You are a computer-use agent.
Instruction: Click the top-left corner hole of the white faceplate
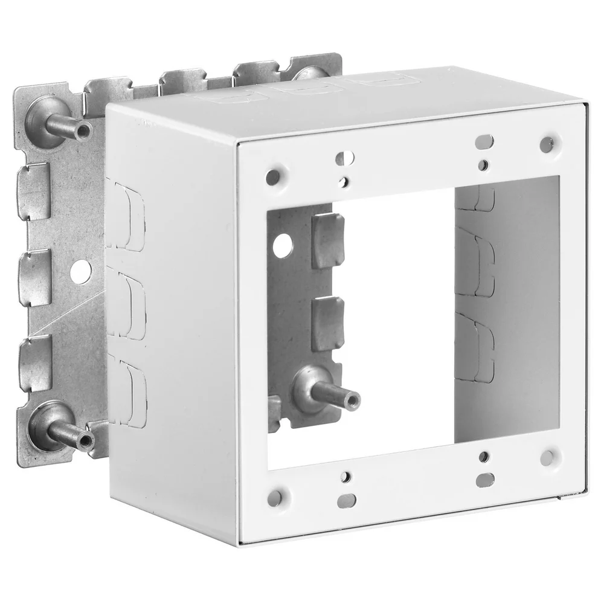(273, 177)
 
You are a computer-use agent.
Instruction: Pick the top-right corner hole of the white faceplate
(547, 144)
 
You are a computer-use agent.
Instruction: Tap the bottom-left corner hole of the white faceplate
(275, 498)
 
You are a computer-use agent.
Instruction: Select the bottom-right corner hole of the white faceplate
(548, 457)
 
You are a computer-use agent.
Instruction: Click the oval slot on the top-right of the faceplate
(484, 142)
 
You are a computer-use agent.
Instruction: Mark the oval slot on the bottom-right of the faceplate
(485, 480)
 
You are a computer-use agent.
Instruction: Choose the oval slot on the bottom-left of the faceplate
(347, 501)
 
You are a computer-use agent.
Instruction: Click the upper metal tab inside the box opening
(328, 240)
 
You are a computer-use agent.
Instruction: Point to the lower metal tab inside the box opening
(328, 325)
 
